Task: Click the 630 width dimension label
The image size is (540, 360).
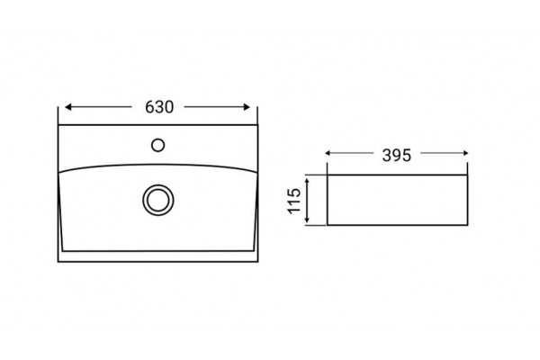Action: (159, 107)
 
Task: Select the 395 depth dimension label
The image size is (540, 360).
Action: (397, 156)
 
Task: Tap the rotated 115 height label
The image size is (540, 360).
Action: (294, 201)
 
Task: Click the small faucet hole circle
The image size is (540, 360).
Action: (157, 145)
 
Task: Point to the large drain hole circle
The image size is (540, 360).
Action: (158, 200)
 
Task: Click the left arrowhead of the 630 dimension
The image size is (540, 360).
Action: (67, 107)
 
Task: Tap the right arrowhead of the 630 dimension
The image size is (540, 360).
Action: (247, 107)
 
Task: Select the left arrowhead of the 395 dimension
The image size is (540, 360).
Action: (328, 153)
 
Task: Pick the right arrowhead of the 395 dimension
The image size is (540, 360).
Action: (465, 153)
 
